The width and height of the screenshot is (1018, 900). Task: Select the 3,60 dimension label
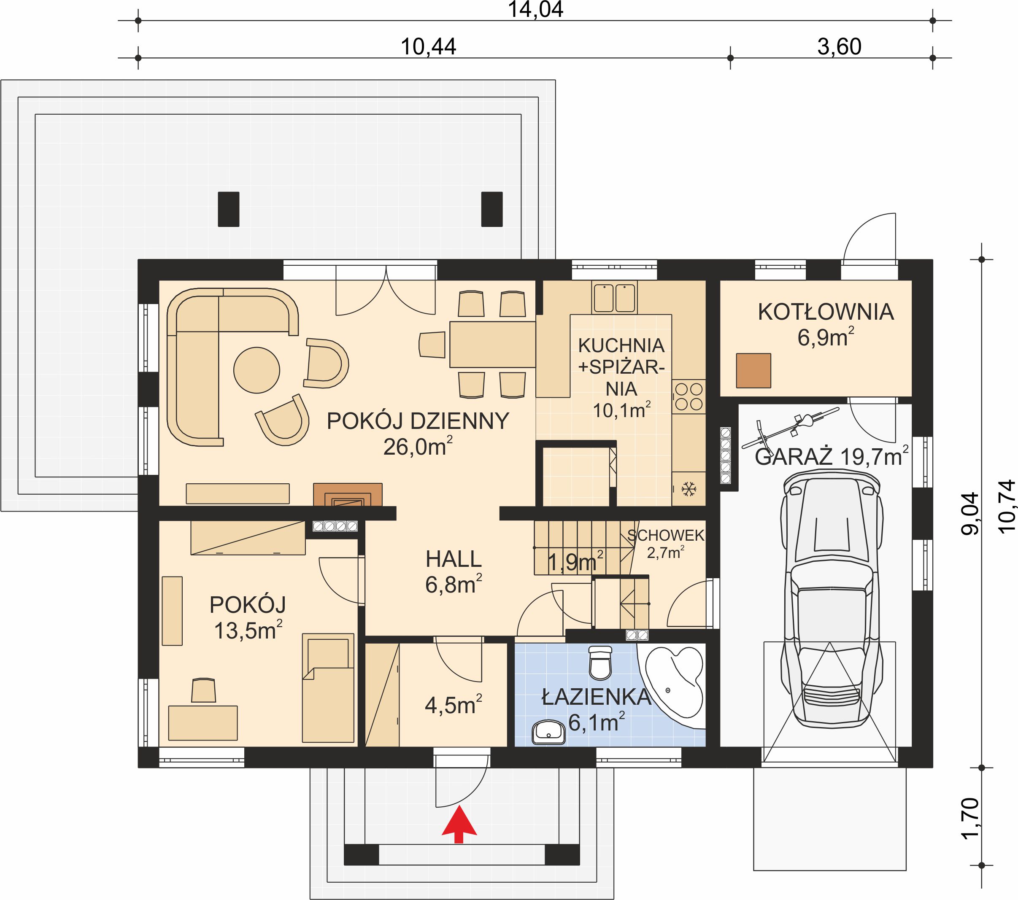pyautogui.click(x=839, y=47)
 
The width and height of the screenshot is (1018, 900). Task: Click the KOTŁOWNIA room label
pyautogui.click(x=826, y=312)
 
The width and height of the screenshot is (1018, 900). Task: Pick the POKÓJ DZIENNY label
pyautogui.click(x=418, y=421)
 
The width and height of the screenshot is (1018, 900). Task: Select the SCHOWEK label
pyautogui.click(x=666, y=536)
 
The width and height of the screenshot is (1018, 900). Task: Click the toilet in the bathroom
pyautogui.click(x=600, y=663)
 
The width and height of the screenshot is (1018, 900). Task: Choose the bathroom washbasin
pyautogui.click(x=548, y=732)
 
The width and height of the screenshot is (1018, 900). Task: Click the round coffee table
pyautogui.click(x=257, y=370)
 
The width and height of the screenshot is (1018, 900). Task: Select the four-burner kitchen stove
pyautogui.click(x=689, y=397)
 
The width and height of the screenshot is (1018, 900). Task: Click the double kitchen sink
pyautogui.click(x=614, y=297)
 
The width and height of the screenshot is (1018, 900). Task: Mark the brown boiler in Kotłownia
pyautogui.click(x=753, y=370)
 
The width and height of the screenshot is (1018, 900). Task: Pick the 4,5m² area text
pyautogui.click(x=453, y=705)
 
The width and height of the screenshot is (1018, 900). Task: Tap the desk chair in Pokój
pyautogui.click(x=204, y=690)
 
